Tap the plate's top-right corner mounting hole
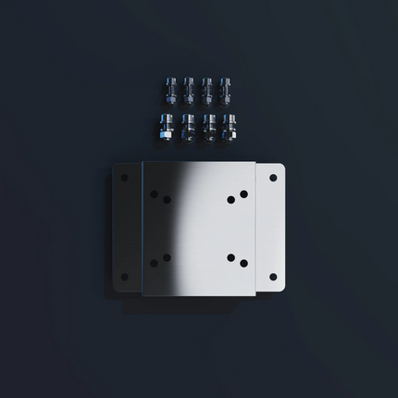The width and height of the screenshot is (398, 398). [273, 177]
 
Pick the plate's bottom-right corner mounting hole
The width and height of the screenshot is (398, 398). [273, 276]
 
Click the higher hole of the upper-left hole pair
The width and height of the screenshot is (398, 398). [154, 193]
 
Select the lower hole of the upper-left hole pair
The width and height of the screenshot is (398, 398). [167, 200]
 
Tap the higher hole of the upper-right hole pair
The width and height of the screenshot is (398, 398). [243, 194]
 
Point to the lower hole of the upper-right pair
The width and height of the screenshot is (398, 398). [230, 200]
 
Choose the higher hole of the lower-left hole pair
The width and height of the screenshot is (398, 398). [167, 256]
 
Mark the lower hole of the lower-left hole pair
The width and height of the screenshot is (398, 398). [154, 263]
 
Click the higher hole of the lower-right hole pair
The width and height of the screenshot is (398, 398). [230, 257]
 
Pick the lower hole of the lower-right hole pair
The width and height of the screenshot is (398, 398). [243, 263]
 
